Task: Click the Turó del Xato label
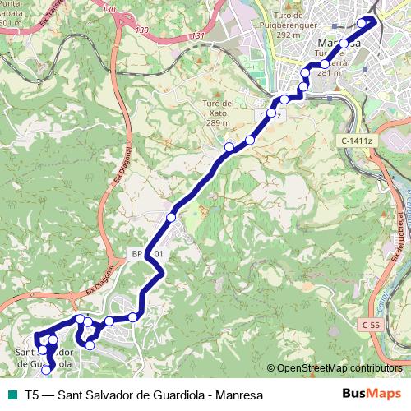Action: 217,108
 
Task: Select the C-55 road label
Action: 370,326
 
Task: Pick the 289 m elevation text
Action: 218,123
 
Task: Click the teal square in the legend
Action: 11,395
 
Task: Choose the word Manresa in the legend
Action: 238,395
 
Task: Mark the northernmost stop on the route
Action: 361,23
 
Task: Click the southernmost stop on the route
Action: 46,370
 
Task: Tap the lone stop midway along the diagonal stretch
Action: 171,217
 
